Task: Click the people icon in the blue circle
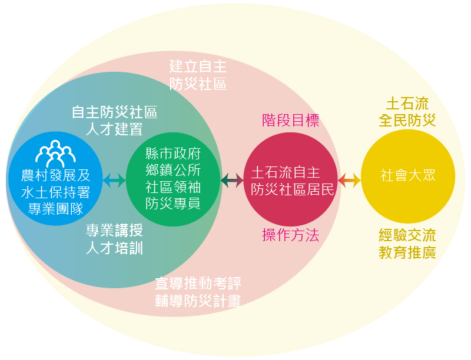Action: coord(55,154)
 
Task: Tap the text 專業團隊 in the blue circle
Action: coord(55,208)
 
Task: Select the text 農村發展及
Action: coord(55,176)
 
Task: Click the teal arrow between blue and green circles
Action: coord(114,181)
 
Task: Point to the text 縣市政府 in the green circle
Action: coord(173,154)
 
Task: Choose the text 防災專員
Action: coord(173,204)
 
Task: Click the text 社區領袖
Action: coord(173,187)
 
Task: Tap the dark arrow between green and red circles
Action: coord(232,181)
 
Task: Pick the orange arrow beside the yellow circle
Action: coord(349,181)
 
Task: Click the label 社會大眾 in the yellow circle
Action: coord(409,176)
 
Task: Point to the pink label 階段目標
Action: coord(290,121)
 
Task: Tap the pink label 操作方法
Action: coord(290,236)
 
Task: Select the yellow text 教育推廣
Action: coord(407,253)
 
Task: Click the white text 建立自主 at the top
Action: coord(198,66)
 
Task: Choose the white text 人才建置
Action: coord(114,129)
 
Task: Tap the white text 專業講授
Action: coord(114,230)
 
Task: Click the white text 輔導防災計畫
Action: coord(198,301)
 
